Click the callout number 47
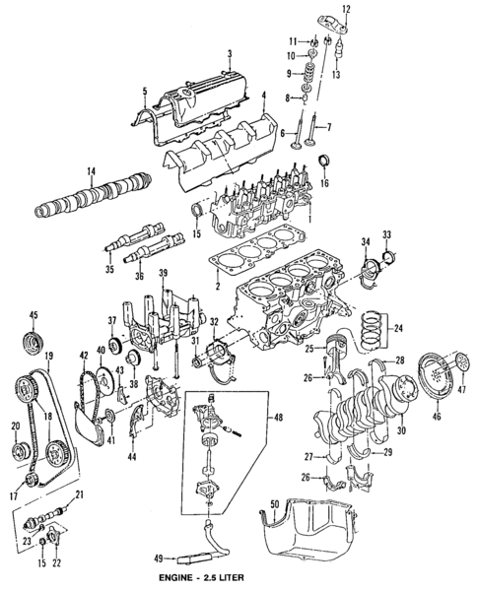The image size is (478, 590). click(x=460, y=392)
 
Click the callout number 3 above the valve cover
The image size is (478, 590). click(x=229, y=53)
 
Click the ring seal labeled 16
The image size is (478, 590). click(x=323, y=163)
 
